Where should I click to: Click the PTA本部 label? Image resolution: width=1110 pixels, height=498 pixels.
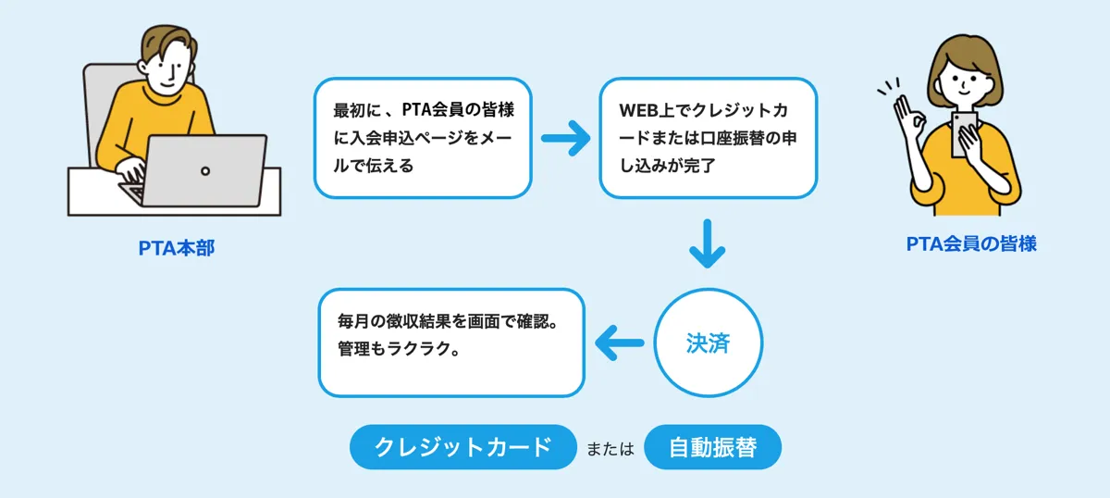click(176, 248)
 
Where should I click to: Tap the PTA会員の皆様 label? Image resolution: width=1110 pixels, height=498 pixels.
click(970, 244)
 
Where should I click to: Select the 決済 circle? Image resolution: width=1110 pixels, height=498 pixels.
click(708, 342)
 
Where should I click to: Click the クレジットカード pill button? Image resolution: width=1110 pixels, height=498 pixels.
click(462, 448)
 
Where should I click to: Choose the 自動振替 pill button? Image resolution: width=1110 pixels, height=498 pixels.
click(712, 448)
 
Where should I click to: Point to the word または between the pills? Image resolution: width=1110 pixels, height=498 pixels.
click(610, 449)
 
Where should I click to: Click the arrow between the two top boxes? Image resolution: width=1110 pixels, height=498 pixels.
click(565, 140)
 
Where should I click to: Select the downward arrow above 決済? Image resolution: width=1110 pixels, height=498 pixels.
click(708, 243)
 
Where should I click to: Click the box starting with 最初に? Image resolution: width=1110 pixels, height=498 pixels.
click(424, 138)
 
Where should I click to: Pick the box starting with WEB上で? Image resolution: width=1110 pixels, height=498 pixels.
click(708, 138)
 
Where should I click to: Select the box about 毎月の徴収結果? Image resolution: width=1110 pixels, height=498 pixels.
click(451, 342)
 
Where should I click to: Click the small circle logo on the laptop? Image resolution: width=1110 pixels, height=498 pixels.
click(205, 170)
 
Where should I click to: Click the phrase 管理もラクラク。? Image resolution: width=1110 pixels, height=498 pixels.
click(399, 353)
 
